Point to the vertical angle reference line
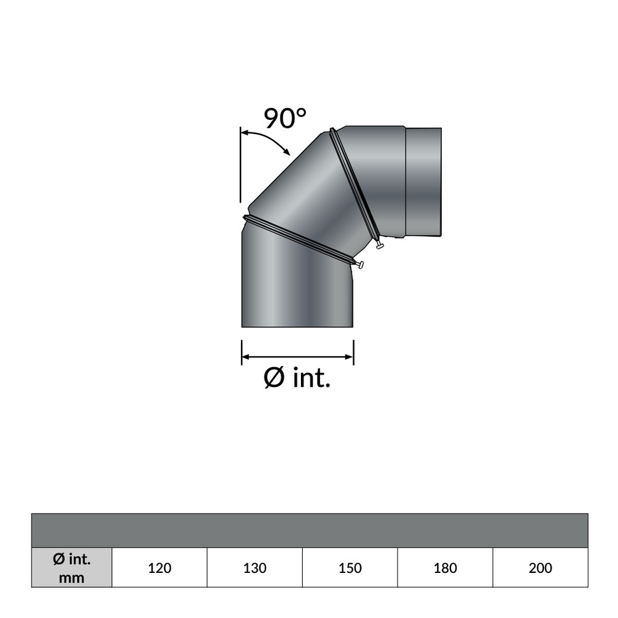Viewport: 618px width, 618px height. point(240,164)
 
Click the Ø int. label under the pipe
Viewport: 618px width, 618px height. point(297,378)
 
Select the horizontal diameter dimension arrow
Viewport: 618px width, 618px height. point(297,357)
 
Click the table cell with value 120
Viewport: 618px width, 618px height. point(159,568)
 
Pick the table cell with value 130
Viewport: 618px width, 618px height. point(255,568)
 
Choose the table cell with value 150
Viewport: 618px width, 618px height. point(350,568)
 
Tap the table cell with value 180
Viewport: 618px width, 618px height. point(445,568)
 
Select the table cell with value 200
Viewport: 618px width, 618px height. point(540,568)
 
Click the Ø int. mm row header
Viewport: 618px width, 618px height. point(72,568)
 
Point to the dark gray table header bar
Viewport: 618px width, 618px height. point(309,530)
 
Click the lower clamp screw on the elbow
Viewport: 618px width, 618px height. point(360,265)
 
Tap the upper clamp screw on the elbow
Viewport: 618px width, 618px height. point(379,247)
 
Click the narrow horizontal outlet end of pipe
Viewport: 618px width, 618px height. point(423,182)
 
